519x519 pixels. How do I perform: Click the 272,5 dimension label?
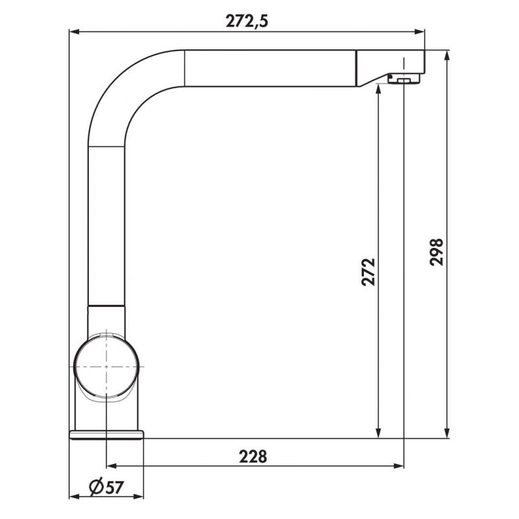[x=247, y=21]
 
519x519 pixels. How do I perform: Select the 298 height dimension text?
[x=436, y=251]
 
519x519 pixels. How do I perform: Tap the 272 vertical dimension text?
[x=368, y=272]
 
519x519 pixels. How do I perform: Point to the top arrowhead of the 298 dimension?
[x=446, y=56]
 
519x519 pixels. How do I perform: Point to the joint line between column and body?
[x=106, y=305]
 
